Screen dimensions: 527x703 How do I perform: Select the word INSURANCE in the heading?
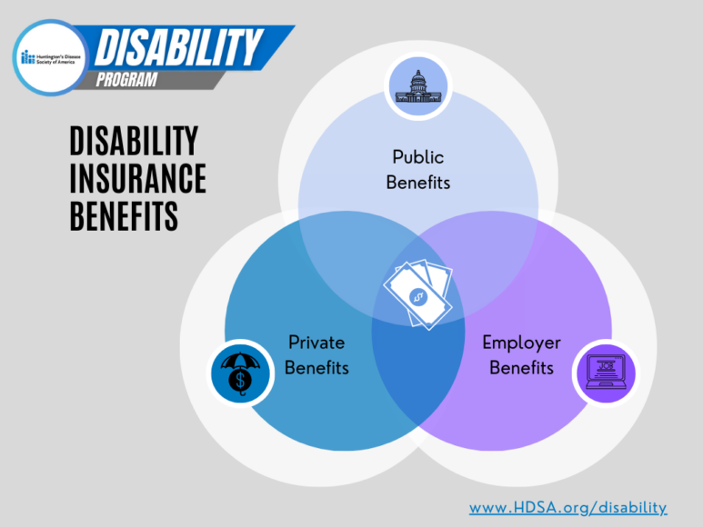[138, 178]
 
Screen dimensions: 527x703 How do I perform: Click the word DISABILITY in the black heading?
[134, 141]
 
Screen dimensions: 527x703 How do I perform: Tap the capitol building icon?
[417, 86]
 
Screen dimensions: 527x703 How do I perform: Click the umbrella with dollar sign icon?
[240, 373]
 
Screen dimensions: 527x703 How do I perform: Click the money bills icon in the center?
[417, 294]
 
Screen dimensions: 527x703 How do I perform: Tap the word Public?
[418, 156]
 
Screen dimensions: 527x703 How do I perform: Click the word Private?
[316, 343]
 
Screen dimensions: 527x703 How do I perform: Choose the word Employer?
[521, 343]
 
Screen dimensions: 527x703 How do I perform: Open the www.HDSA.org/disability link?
[567, 507]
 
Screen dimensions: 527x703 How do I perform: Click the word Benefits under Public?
[418, 182]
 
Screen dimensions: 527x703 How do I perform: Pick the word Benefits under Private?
[316, 368]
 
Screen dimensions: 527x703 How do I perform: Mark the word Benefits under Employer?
[521, 368]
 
